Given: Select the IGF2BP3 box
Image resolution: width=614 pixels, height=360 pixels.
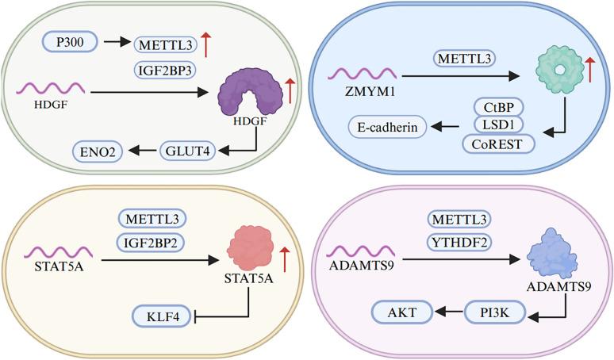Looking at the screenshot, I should point(166,71).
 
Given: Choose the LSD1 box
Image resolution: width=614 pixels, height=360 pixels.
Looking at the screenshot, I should point(497,124).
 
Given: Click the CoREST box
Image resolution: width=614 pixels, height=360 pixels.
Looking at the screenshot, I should point(497,143).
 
